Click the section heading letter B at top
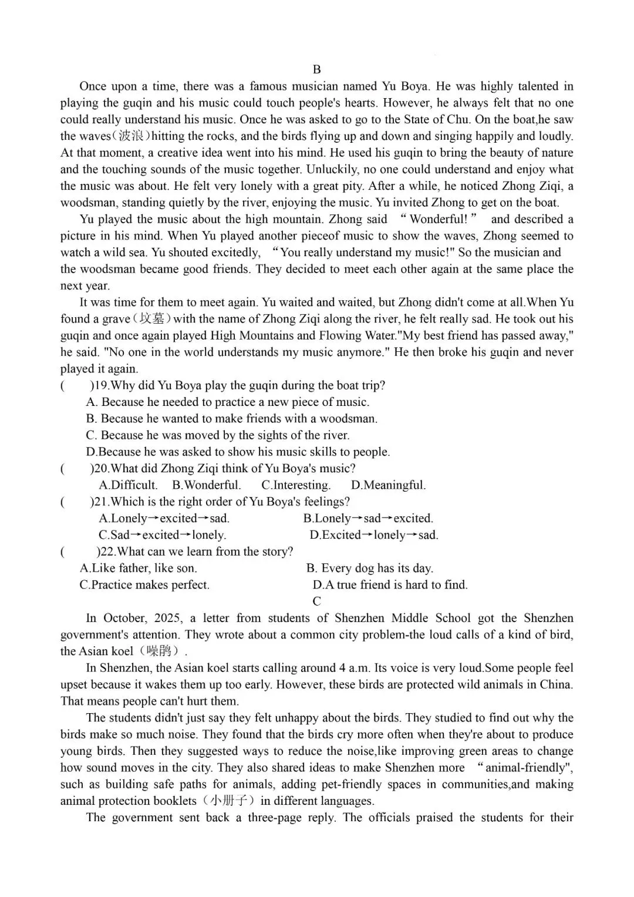pos(317,69)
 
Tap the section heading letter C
pos(317,601)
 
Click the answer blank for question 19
pos(76,386)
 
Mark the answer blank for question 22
pos(79,552)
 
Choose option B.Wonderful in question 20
pos(207,485)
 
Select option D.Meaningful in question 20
pos(388,485)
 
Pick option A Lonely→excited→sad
pos(164,519)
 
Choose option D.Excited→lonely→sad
pos(374,535)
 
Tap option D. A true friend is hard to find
pos(390,585)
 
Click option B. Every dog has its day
pos(369,569)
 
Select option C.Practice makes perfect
pos(144,585)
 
